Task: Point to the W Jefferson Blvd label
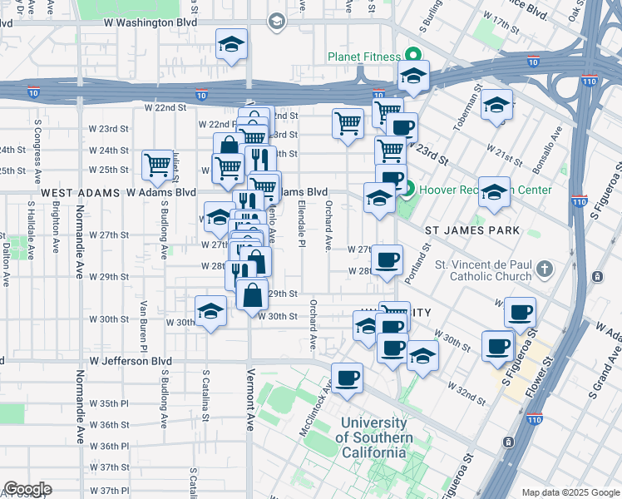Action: coord(131,362)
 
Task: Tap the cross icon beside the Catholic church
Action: coord(544,269)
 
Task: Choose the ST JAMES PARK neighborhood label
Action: coord(472,230)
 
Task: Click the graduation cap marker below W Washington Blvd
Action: coord(231,46)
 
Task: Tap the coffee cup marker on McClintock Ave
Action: coord(347,378)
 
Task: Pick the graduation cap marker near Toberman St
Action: coord(496,105)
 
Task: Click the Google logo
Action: coord(27,489)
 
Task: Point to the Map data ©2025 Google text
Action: coord(569,492)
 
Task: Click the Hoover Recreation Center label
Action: coord(486,190)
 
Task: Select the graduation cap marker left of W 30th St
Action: coord(210,311)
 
